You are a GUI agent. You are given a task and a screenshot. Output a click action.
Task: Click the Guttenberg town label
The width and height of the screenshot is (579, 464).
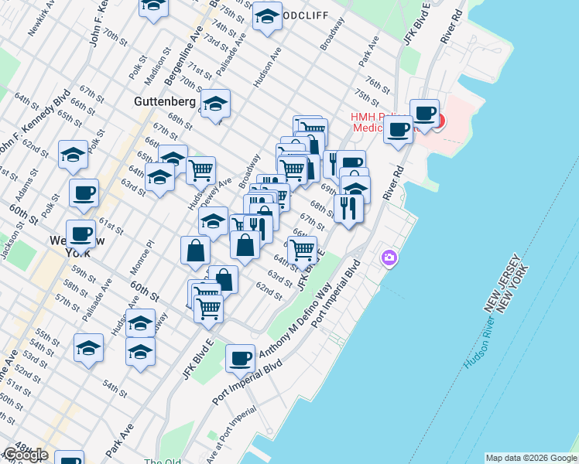tap(164, 101)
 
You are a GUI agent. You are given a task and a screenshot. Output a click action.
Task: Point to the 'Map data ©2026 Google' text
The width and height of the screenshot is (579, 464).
tap(530, 458)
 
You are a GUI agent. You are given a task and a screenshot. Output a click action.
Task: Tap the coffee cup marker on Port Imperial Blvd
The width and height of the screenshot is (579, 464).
tap(241, 358)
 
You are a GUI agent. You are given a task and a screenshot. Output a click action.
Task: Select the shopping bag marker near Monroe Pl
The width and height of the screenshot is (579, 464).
tap(195, 250)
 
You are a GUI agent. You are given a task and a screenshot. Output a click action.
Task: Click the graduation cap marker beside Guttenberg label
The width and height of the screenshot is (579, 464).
tap(215, 103)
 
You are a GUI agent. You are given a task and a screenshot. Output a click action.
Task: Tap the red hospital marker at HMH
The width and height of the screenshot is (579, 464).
tap(440, 121)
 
